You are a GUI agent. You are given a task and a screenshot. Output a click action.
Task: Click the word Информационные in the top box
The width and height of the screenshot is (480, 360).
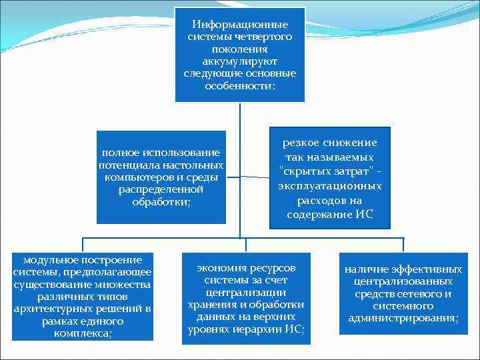240,25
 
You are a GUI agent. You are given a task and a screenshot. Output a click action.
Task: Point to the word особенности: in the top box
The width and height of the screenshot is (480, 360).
240,86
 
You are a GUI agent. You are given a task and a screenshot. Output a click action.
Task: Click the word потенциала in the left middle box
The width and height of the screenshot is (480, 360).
124,165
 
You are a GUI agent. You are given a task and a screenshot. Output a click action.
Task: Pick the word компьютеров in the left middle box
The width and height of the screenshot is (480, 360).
133,177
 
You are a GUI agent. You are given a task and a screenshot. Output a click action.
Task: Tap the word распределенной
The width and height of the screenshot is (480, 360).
161,189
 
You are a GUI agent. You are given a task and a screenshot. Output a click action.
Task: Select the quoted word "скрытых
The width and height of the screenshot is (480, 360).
303,171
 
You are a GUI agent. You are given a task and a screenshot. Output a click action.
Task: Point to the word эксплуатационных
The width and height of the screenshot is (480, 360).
329,186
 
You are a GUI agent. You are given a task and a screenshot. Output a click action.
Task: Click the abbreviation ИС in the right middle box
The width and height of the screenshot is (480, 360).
365,215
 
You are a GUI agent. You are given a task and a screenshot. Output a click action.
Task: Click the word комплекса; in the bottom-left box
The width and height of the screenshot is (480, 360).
82,333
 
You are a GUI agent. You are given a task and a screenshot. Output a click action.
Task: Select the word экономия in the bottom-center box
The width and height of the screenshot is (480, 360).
218,267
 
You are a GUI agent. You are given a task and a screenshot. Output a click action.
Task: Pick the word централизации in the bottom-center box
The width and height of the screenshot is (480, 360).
245,292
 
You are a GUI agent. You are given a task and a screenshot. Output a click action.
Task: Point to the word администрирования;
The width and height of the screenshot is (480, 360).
403,317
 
